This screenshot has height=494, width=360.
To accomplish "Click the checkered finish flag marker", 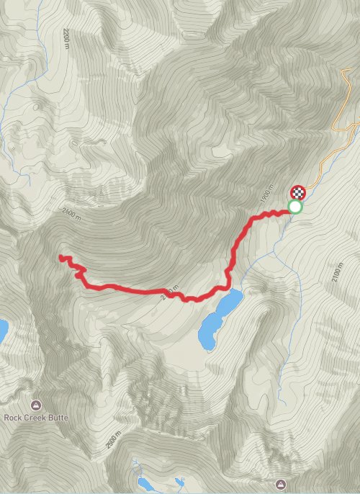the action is coord(297,192).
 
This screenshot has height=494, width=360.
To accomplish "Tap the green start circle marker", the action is coord(294,207).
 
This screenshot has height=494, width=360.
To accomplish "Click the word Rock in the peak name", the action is coord(15,416).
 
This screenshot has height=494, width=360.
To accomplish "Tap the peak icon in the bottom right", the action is coord(282,482).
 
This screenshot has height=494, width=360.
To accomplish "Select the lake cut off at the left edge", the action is coord(2,330).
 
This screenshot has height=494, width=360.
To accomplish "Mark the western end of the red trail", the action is coord(60,256).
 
